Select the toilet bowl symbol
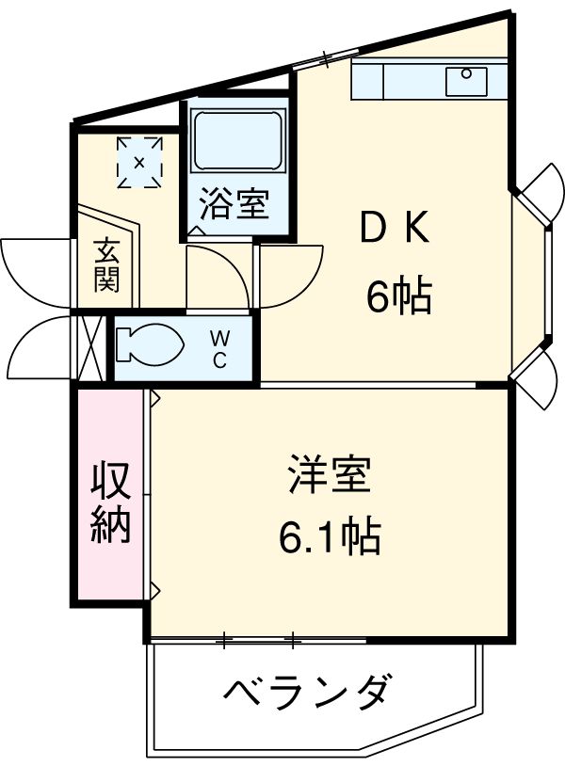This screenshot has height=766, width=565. (151, 343)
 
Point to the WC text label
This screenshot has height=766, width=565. (218, 349)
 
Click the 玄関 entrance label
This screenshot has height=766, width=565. (105, 266)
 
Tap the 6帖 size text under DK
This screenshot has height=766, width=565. (398, 298)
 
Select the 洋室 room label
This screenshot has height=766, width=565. (329, 476)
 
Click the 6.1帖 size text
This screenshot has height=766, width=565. (329, 537)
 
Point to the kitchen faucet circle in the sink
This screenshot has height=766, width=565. (465, 73)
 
